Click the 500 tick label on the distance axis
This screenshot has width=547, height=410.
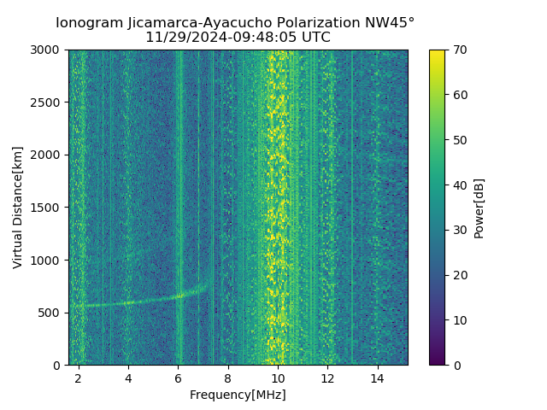50,313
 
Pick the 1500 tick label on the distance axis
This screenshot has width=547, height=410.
46,208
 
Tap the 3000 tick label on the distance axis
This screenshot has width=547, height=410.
46,50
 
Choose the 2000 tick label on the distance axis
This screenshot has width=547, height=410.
46,155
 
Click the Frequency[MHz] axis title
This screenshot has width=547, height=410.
238,395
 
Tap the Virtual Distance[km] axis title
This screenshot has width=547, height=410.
18,208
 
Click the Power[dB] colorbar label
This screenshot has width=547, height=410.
479,208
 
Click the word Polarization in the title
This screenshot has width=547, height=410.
321,23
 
